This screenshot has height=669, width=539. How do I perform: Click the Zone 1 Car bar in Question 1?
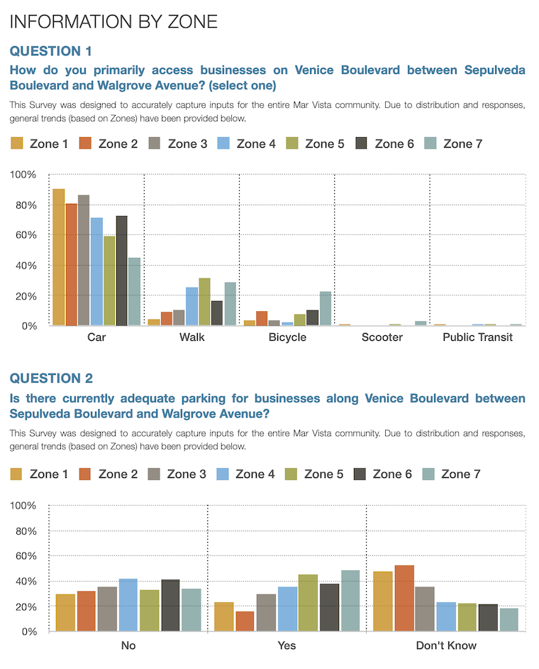click(x=59, y=257)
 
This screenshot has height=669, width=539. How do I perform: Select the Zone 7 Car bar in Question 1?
click(x=135, y=292)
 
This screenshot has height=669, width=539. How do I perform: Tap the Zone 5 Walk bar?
click(x=204, y=302)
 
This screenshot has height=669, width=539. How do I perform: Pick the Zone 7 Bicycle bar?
click(x=326, y=308)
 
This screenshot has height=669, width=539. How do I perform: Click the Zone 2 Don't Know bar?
click(x=404, y=598)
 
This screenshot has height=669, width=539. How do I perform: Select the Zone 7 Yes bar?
click(x=350, y=601)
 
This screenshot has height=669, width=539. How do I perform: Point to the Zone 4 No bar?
click(x=128, y=605)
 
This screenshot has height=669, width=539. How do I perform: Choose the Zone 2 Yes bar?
click(x=245, y=621)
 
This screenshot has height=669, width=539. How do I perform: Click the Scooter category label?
click(x=382, y=337)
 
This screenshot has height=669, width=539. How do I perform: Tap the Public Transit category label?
click(x=477, y=337)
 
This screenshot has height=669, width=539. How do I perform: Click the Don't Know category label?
click(x=446, y=645)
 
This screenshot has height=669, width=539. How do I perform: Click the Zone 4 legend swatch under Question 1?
click(x=223, y=143)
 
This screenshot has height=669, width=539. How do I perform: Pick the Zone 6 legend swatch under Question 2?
click(x=360, y=474)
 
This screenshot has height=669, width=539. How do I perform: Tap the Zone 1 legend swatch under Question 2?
click(x=16, y=474)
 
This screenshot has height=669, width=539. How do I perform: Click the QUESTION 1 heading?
click(x=50, y=51)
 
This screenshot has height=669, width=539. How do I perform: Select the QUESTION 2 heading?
click(x=51, y=378)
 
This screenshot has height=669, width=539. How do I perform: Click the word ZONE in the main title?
click(x=193, y=22)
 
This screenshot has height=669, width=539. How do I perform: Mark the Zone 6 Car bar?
click(x=121, y=271)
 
